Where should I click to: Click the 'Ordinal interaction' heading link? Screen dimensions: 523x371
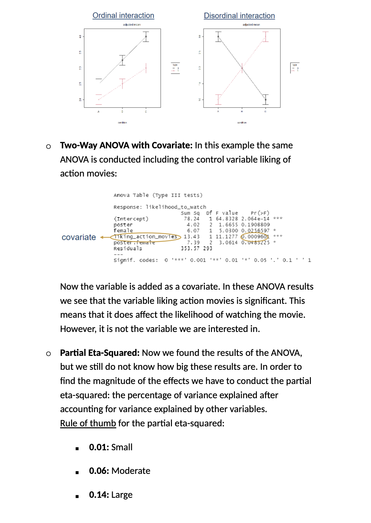(123, 16)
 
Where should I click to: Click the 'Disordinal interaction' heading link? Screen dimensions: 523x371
(239, 16)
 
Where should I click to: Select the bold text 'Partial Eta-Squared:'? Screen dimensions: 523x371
(100, 353)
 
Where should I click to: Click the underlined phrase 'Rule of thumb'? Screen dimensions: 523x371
(88, 423)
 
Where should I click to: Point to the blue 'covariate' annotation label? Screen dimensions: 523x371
(79, 237)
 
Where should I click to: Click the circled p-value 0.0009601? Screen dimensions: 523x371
(255, 237)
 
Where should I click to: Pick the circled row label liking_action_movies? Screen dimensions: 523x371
(145, 237)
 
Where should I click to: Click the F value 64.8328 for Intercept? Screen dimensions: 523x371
(227, 219)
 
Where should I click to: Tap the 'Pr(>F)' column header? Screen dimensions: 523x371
(260, 213)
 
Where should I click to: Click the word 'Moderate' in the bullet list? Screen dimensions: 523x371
(131, 471)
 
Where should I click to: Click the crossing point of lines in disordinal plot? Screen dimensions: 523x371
(242, 68)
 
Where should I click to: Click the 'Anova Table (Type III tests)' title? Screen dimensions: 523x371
(158, 195)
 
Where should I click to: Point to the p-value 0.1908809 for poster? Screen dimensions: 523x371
(255, 225)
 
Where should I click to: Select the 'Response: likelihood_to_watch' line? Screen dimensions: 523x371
(160, 207)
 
